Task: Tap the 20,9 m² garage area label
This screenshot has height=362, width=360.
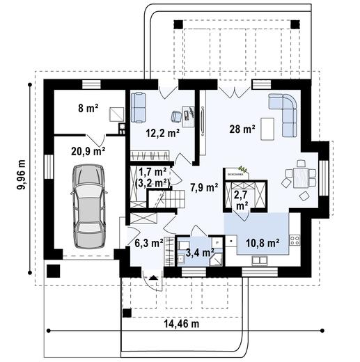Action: (88, 149)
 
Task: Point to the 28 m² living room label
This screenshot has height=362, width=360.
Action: (242, 129)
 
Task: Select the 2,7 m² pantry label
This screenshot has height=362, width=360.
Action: (241, 199)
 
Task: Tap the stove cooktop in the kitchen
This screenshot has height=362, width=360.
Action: (295, 240)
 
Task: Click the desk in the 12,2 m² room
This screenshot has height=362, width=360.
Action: (188, 112)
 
